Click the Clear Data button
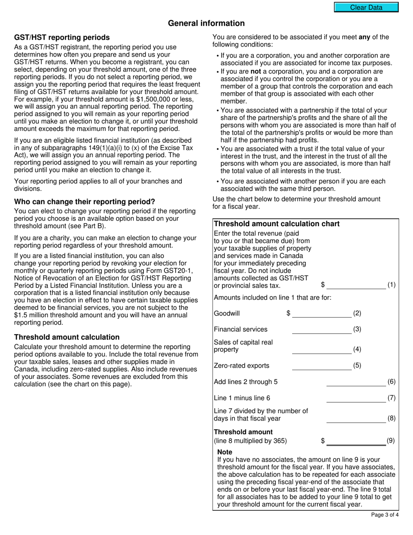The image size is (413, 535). (x=366, y=7)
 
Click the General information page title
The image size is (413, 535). (x=206, y=23)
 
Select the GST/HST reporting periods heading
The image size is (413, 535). (x=62, y=37)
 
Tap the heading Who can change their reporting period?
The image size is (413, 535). (x=84, y=202)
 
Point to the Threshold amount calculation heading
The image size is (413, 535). (x=67, y=337)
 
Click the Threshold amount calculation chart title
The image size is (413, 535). (x=277, y=224)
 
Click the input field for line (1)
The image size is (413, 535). (x=356, y=285)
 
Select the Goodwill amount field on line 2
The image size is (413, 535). (x=321, y=314)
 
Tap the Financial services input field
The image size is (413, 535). (x=321, y=330)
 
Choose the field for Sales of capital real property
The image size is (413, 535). (x=321, y=350)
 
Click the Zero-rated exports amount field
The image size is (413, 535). (x=321, y=366)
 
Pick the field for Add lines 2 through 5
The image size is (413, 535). (x=356, y=382)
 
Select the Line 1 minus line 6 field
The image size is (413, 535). (x=356, y=398)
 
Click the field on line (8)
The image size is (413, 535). (x=356, y=418)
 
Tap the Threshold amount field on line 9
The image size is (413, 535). (x=356, y=441)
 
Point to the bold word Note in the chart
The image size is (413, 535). (x=225, y=452)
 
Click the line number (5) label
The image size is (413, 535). (x=357, y=366)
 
